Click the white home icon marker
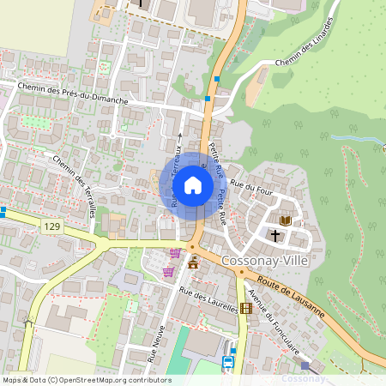click(x=193, y=185)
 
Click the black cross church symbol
click(x=276, y=234)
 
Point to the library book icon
click(x=286, y=220)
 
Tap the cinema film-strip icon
click(x=246, y=308)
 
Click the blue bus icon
click(x=227, y=362)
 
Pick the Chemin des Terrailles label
click(x=75, y=184)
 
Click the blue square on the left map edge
click(x=3, y=210)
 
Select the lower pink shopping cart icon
click(x=168, y=272)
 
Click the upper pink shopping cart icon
click(x=176, y=254)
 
